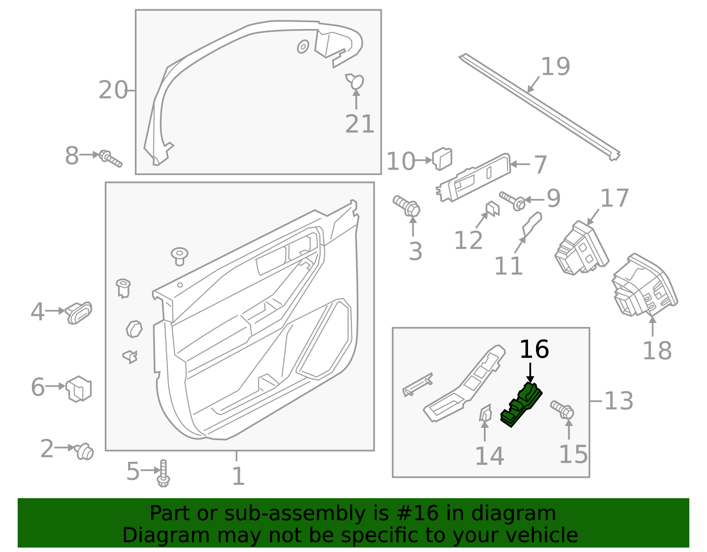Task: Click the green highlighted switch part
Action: pyautogui.click(x=521, y=404)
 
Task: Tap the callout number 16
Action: pyautogui.click(x=534, y=350)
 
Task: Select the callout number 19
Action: pyautogui.click(x=555, y=67)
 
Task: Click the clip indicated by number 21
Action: pyautogui.click(x=355, y=82)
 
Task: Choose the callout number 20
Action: pyautogui.click(x=113, y=90)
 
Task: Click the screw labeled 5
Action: pyautogui.click(x=163, y=473)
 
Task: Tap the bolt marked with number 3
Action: pyautogui.click(x=407, y=207)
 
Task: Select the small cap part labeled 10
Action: pyautogui.click(x=442, y=159)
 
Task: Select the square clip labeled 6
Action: pyautogui.click(x=79, y=388)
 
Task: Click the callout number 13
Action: pyautogui.click(x=618, y=401)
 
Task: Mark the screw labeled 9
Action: pyautogui.click(x=513, y=201)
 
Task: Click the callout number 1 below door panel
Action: pyautogui.click(x=238, y=476)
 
